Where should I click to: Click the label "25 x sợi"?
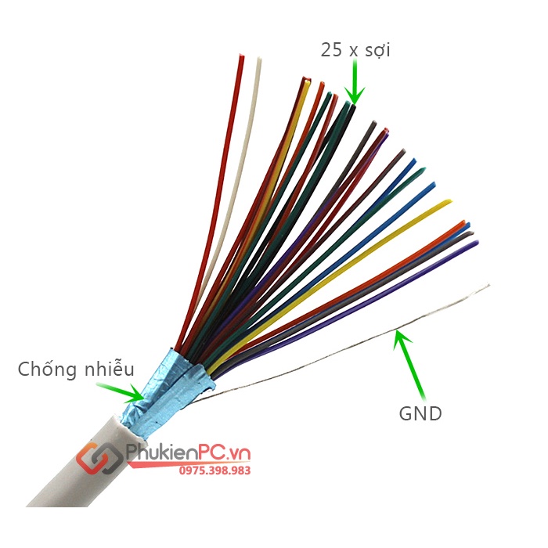355,50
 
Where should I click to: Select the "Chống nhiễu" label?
76,369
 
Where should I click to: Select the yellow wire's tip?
447,203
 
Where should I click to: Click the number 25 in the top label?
332,50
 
